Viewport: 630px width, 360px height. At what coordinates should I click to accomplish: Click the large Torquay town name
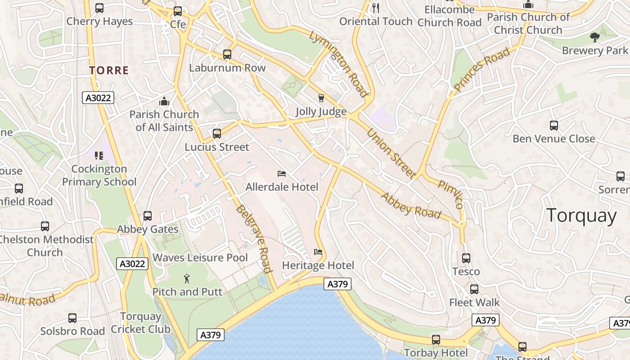[x=581, y=216]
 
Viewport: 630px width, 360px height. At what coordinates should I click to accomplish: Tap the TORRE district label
[x=109, y=70]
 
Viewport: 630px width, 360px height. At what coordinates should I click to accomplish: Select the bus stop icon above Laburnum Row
[x=227, y=54]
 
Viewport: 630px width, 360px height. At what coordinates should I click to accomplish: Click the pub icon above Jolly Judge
[x=321, y=98]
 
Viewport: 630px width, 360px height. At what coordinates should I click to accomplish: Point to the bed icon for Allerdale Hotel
[x=282, y=174]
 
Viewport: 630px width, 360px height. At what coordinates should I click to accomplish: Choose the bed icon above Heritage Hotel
[x=318, y=252]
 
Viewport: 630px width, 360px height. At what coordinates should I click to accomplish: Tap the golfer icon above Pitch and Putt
[x=187, y=279]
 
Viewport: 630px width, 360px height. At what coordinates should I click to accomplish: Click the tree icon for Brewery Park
[x=594, y=37]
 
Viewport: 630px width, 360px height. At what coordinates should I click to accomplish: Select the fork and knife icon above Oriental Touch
[x=376, y=8]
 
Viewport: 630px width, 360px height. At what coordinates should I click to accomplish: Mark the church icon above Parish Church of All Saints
[x=164, y=101]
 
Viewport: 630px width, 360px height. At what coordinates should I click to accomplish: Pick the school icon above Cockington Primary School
[x=99, y=156]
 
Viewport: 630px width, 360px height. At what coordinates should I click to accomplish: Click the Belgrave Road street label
[x=255, y=239]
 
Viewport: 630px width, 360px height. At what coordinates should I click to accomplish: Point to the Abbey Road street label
[x=411, y=205]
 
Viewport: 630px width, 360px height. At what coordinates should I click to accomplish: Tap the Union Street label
[x=390, y=153]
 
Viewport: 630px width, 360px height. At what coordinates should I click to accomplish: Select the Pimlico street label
[x=450, y=194]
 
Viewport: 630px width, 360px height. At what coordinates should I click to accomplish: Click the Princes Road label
[x=482, y=69]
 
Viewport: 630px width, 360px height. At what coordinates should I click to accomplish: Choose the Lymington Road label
[x=339, y=63]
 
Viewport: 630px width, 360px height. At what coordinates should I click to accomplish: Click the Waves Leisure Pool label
[x=200, y=258]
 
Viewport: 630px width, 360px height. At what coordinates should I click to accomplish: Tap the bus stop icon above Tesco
[x=466, y=258]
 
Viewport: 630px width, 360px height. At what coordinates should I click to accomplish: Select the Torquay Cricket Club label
[x=141, y=323]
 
